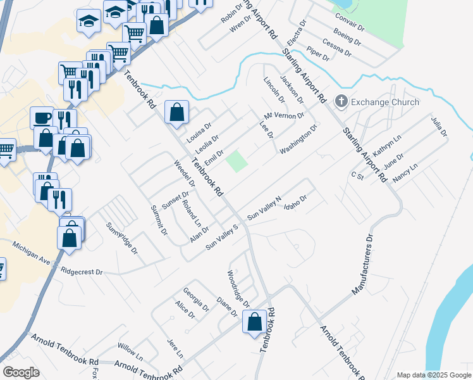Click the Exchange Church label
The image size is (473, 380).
[385, 102]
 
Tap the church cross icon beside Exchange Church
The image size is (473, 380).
[341, 101]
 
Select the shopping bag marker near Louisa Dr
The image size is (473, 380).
[177, 112]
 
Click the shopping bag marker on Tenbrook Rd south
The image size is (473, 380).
[254, 321]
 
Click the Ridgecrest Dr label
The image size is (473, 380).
[82, 271]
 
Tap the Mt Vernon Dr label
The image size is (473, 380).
[285, 116]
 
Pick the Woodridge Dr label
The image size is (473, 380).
[238, 286]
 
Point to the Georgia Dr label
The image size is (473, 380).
[196, 299]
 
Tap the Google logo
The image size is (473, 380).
[21, 372]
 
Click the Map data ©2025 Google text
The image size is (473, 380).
[433, 375]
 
